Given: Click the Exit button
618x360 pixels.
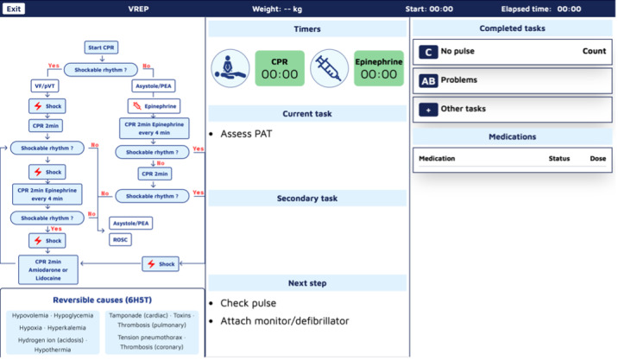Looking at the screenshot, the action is (14, 9).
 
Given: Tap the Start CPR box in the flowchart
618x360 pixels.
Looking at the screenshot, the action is (101, 47).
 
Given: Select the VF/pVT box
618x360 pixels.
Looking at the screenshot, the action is (45, 86).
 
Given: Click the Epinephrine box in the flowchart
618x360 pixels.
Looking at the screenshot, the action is (154, 105).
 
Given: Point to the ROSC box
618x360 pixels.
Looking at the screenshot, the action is (120, 239).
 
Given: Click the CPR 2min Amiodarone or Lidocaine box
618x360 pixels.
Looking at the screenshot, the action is (48, 269).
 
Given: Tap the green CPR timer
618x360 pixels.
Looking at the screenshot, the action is (280, 68).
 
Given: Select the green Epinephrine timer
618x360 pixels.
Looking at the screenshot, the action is (379, 68).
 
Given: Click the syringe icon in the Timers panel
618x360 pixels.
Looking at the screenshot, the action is (329, 68).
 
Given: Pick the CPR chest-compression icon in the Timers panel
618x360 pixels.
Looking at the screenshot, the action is (230, 68).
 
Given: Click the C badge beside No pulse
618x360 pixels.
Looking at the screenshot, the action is (428, 52).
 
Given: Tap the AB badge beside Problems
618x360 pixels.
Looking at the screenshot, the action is (428, 80).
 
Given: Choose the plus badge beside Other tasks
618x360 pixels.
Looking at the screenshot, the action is (428, 110).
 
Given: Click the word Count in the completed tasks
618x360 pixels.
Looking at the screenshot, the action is (594, 51).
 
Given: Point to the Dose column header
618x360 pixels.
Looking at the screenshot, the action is (598, 159).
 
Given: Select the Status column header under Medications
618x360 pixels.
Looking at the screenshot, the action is (559, 159).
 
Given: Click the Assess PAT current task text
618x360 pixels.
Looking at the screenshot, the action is (246, 134).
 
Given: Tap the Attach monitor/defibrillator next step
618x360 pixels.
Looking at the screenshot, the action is (285, 321).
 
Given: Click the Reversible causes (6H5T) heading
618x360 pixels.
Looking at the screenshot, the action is (102, 300).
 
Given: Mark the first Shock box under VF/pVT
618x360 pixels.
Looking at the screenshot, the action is (47, 105).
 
